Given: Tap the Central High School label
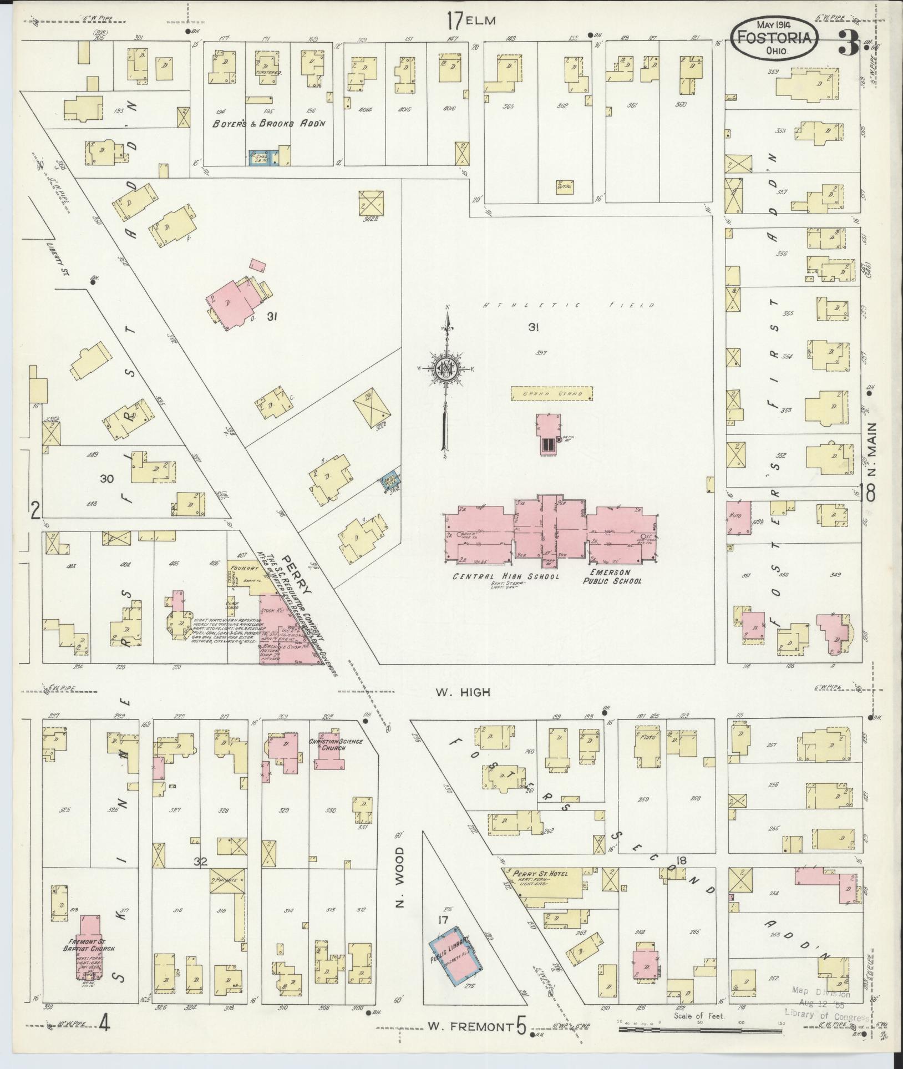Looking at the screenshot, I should tap(505, 576).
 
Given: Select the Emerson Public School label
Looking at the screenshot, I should tap(611, 577).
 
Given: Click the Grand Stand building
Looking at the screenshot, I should tap(551, 394).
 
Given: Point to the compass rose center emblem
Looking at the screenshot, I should tap(445, 369).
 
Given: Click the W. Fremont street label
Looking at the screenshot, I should tap(469, 1026).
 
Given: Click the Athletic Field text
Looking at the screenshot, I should tap(568, 305).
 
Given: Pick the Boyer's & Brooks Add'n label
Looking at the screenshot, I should tap(269, 124).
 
